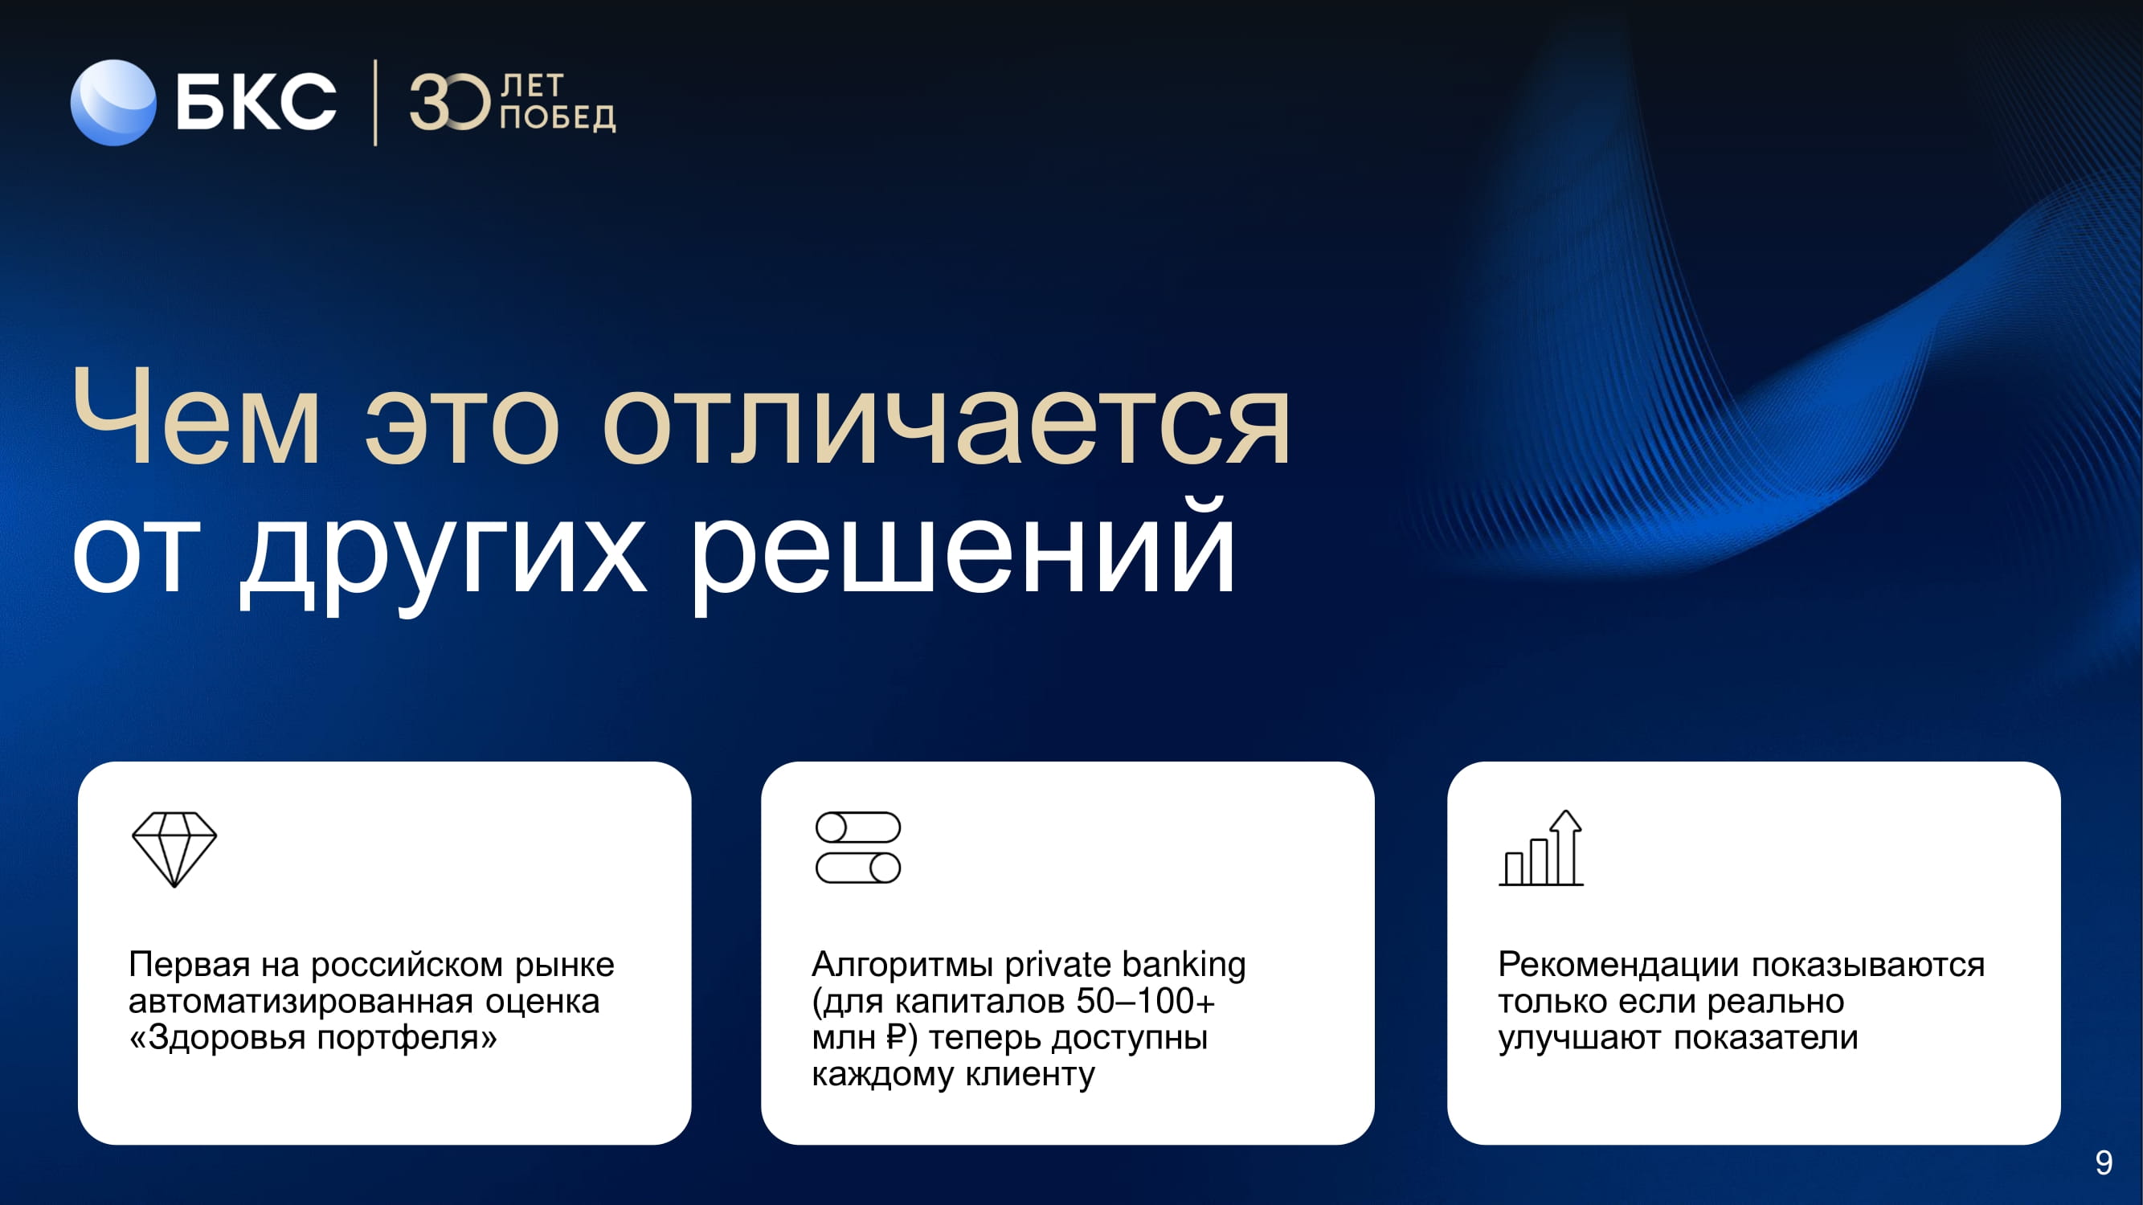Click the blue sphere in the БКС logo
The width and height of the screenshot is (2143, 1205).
click(113, 102)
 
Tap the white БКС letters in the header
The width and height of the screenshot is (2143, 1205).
click(256, 101)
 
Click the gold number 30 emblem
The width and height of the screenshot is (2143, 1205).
click(450, 101)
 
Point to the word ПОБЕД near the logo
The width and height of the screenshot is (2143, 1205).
click(558, 117)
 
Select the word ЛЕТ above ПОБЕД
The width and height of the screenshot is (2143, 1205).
click(533, 86)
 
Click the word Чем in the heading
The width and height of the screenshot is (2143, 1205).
click(196, 417)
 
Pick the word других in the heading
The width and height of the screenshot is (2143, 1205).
click(444, 553)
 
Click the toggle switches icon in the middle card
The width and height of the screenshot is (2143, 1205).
click(857, 848)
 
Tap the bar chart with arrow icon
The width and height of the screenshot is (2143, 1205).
click(1540, 848)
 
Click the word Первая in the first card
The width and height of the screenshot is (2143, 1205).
click(190, 965)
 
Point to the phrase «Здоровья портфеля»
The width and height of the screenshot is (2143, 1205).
click(313, 1038)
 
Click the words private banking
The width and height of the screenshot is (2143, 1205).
click(1126, 966)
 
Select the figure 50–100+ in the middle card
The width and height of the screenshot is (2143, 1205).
click(1146, 1001)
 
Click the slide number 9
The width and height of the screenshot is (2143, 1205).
click(2104, 1162)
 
